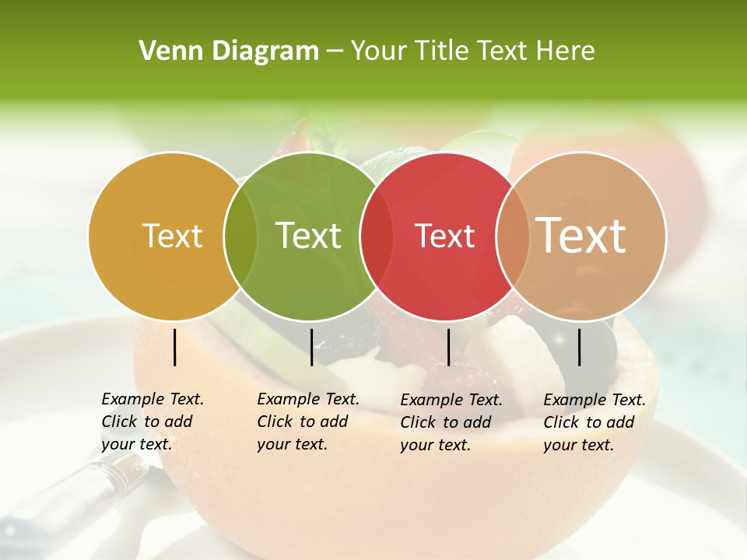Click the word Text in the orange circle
click(173, 236)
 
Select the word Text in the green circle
click(309, 236)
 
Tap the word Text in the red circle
click(445, 236)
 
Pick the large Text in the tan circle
click(581, 235)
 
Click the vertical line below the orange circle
click(175, 347)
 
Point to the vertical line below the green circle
click(311, 347)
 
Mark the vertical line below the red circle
click(448, 347)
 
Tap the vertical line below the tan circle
click(580, 347)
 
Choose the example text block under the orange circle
click(153, 422)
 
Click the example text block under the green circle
click(308, 422)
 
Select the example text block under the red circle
click(451, 422)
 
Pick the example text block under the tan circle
click(594, 422)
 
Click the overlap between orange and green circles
click(240, 236)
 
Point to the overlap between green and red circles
click(377, 236)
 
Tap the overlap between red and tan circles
click(513, 236)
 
